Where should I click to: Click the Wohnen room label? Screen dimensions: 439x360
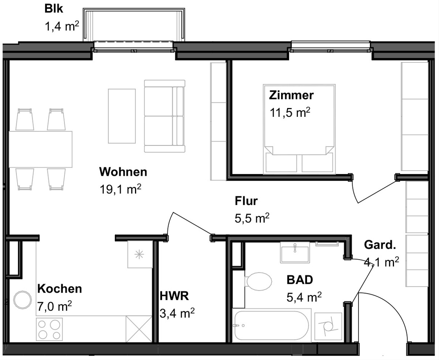pyautogui.click(x=123, y=172)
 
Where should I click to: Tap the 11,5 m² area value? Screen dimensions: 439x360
pyautogui.click(x=290, y=112)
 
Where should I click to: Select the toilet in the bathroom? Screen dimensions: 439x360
pyautogui.click(x=258, y=281)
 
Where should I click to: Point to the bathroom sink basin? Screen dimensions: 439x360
pyautogui.click(x=295, y=252)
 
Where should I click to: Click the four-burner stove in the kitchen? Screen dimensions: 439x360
pyautogui.click(x=49, y=329)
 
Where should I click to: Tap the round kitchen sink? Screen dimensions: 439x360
pyautogui.click(x=22, y=300)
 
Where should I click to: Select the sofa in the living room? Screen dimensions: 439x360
pyautogui.click(x=165, y=116)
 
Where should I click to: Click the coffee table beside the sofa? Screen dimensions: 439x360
pyautogui.click(x=122, y=116)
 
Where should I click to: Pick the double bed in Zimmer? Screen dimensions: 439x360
pyautogui.click(x=299, y=129)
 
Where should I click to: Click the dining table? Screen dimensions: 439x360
pyautogui.click(x=41, y=149)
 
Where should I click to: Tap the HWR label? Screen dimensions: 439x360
pyautogui.click(x=174, y=296)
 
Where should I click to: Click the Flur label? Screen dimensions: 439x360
pyautogui.click(x=246, y=201)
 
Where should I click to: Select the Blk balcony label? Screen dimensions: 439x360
pyautogui.click(x=54, y=9)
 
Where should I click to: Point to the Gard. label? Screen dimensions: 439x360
pyautogui.click(x=380, y=245)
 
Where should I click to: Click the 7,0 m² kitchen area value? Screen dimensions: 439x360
pyautogui.click(x=55, y=306)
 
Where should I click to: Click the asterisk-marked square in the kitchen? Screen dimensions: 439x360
pyautogui.click(x=140, y=255)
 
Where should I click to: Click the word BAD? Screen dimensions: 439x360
pyautogui.click(x=300, y=280)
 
